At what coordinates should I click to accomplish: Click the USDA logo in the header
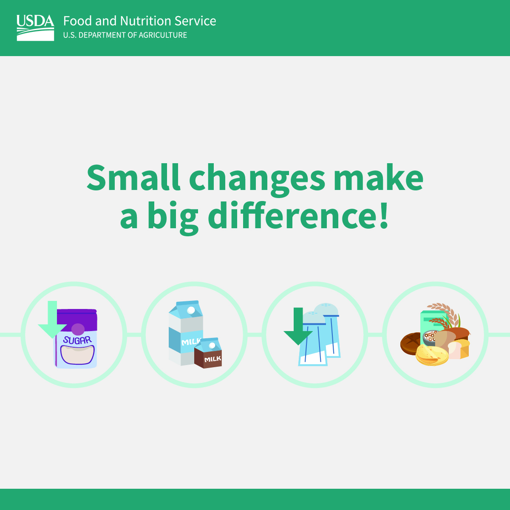(35, 28)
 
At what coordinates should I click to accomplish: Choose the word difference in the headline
(289, 216)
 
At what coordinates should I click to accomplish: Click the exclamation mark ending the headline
(384, 216)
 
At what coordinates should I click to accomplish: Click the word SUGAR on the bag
(77, 340)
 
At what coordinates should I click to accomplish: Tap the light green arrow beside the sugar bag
(52, 321)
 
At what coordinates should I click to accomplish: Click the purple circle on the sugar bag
(78, 329)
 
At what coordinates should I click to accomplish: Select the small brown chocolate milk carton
(208, 354)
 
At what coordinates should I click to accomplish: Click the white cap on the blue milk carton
(191, 310)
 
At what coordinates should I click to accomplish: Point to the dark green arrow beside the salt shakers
(298, 327)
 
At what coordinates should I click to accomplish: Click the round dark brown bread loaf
(411, 343)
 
